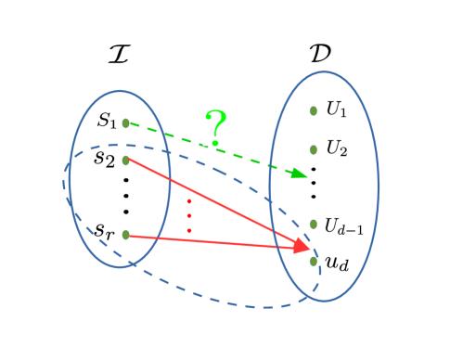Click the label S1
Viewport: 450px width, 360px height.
[x=107, y=122]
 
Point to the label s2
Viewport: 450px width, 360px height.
[x=105, y=158]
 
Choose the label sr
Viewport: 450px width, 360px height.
[x=105, y=227]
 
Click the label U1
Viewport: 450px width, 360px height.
[x=335, y=109]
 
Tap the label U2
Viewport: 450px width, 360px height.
[x=336, y=148]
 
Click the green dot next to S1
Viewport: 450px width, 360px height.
[x=125, y=122]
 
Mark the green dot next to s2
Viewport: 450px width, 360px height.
[x=125, y=160]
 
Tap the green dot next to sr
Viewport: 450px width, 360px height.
[x=125, y=235]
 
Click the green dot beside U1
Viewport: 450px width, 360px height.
[x=314, y=110]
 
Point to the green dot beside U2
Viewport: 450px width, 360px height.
[x=314, y=148]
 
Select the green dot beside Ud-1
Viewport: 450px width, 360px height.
[x=314, y=224]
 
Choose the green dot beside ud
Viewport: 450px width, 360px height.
[x=314, y=261]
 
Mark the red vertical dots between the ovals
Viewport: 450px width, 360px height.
[x=189, y=215]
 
